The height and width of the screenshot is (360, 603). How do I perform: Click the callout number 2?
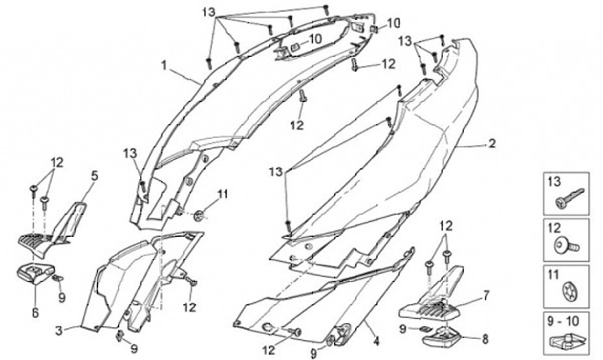pyautogui.click(x=492, y=143)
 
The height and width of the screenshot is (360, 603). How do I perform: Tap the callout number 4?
pyautogui.click(x=376, y=340)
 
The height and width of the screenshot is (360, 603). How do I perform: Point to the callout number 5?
pyautogui.click(x=94, y=176)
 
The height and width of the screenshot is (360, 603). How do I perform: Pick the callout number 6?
pyautogui.click(x=34, y=312)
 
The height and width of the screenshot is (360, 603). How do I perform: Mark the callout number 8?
pyautogui.click(x=484, y=339)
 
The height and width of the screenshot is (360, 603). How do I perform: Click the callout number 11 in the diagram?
pyautogui.click(x=222, y=194)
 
